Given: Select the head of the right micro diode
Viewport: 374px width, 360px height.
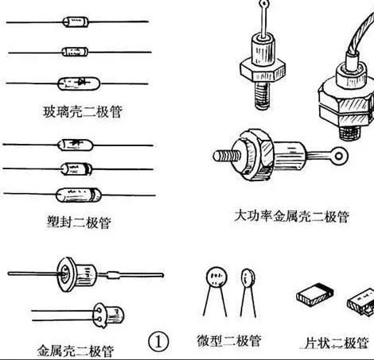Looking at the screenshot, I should coord(248,277).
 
